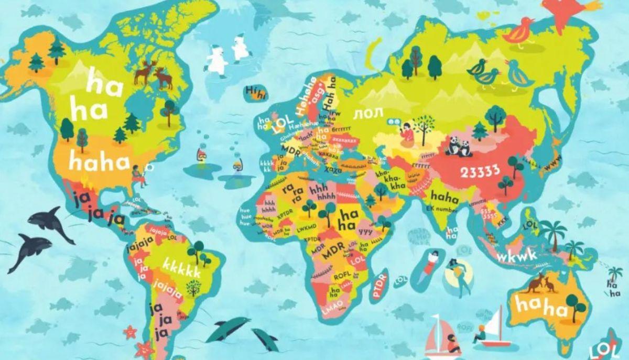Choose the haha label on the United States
point(99,162)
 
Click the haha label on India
point(444,197)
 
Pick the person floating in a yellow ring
point(458,272)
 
